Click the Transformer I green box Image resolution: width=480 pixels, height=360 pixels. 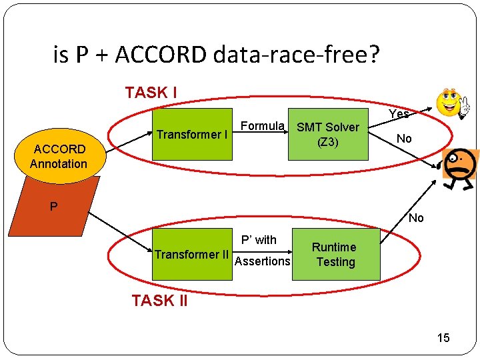click(x=193, y=134)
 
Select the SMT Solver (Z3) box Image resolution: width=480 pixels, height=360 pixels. click(x=328, y=134)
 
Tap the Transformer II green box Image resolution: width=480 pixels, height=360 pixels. click(x=193, y=254)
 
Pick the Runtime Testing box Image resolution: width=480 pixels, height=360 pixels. click(x=335, y=254)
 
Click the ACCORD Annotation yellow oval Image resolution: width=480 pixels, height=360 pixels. click(x=59, y=156)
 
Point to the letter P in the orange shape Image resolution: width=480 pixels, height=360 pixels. click(x=53, y=207)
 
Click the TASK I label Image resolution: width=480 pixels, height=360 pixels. click(x=151, y=93)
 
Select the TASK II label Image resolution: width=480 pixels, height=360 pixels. click(x=159, y=301)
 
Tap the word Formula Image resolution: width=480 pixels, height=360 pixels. click(x=263, y=126)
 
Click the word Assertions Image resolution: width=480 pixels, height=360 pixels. click(x=263, y=261)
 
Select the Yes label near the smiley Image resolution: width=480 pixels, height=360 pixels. click(x=399, y=114)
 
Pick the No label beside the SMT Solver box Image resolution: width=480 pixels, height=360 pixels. click(x=403, y=139)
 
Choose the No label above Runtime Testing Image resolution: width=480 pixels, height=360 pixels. click(x=416, y=218)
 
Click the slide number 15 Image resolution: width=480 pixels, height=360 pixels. click(x=443, y=338)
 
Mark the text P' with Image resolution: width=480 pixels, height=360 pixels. click(x=259, y=239)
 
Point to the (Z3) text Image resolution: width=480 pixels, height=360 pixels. click(x=328, y=142)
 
